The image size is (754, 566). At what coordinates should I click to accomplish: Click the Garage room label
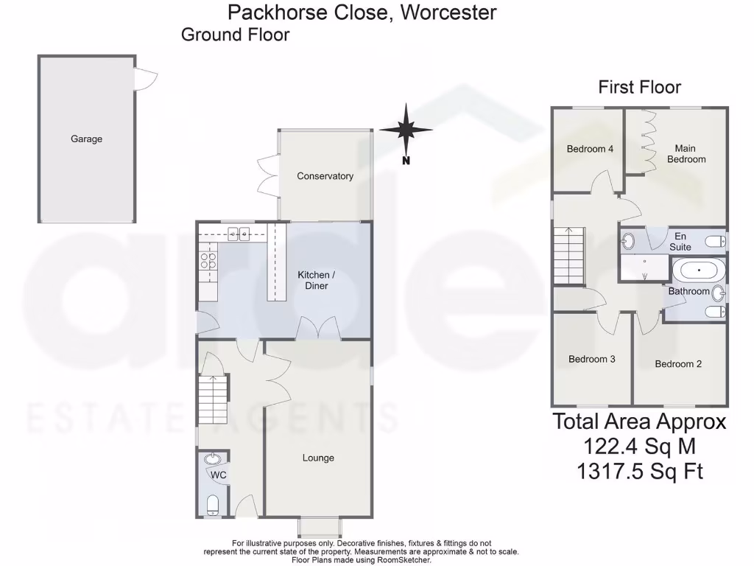(86, 139)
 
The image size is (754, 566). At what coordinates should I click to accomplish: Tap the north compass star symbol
(405, 130)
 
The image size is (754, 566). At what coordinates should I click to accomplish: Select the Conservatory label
(325, 176)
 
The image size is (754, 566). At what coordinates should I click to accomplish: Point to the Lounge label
(318, 458)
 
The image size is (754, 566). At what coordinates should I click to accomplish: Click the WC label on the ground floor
(219, 475)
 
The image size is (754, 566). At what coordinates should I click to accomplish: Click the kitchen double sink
(239, 234)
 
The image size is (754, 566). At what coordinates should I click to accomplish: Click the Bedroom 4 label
(590, 149)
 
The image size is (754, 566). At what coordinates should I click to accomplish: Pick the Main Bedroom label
(686, 154)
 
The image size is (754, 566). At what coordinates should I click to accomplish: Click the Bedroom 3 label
(591, 360)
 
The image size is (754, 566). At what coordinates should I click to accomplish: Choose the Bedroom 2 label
(678, 364)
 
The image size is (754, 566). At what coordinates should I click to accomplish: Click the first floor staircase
(568, 255)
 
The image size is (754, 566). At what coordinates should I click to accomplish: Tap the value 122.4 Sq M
(639, 446)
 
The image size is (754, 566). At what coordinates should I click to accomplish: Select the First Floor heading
(639, 87)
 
